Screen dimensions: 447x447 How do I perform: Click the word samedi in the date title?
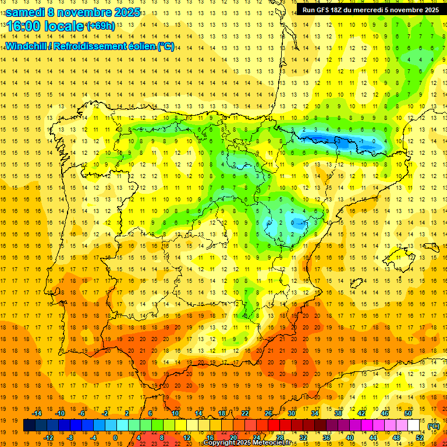point(26,12)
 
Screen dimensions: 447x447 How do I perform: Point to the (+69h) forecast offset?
point(101,26)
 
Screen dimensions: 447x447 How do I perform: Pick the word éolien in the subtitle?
point(140,46)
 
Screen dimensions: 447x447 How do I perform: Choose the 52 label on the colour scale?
point(420,438)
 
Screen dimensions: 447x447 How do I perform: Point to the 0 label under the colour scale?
point(115,438)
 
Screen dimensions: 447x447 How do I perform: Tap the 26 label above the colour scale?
point(268,413)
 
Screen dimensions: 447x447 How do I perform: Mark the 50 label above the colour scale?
point(408,413)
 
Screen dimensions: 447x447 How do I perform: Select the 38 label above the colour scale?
point(338,413)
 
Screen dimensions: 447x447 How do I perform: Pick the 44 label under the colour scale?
point(373,438)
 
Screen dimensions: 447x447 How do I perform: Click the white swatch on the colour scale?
point(414,425)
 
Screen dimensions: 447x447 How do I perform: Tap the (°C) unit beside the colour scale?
point(433,425)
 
